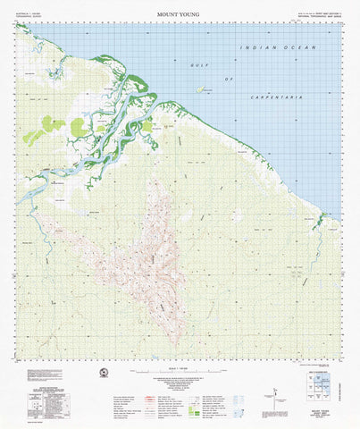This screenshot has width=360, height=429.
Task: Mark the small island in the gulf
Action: [203, 88]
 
